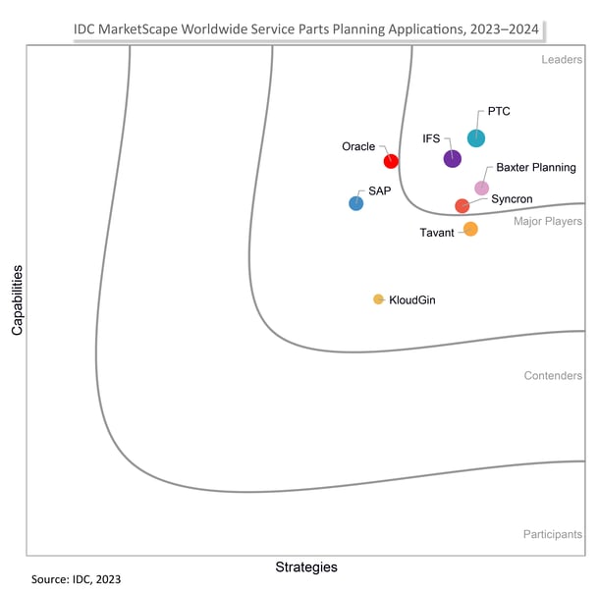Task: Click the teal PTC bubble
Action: tap(475, 138)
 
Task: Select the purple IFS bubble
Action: tap(452, 158)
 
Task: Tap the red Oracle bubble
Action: tap(391, 161)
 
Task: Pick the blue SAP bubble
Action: tap(356, 203)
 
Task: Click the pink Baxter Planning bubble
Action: tap(481, 188)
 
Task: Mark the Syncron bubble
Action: tap(462, 205)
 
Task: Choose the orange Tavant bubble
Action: tap(470, 229)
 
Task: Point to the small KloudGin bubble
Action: tap(378, 299)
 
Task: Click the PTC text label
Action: tap(499, 112)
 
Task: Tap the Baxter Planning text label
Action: tap(535, 168)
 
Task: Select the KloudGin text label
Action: tap(412, 299)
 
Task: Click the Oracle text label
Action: tap(358, 146)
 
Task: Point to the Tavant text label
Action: tap(437, 233)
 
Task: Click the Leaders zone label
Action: tap(562, 60)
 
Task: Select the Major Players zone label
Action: tap(548, 221)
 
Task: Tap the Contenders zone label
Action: tap(553, 376)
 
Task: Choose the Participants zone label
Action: tap(553, 535)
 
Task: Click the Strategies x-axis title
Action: tap(305, 567)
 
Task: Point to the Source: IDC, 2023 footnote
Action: tap(77, 580)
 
